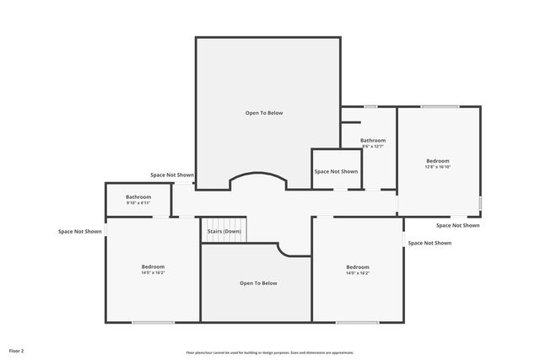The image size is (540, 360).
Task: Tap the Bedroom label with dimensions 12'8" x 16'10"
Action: [437, 161]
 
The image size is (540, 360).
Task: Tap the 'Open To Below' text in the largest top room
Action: [264, 113]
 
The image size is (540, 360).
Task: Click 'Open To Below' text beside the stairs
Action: [258, 283]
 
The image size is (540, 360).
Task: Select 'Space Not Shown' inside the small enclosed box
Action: [336, 171]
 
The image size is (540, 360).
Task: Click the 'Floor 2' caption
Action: [17, 350]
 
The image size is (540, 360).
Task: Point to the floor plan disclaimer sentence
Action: [270, 352]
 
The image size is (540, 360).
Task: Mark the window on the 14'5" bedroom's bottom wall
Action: [153, 322]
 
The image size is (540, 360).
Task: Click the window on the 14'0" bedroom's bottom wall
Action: [357, 322]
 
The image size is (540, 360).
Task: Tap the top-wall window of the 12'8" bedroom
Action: [440, 106]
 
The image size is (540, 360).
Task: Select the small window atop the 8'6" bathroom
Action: [370, 106]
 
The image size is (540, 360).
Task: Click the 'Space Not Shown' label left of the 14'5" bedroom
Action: [80, 231]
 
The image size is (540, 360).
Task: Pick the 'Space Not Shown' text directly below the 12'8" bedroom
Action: [458, 225]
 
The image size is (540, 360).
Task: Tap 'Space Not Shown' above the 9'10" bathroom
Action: [172, 175]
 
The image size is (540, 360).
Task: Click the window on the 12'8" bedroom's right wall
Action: [481, 203]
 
